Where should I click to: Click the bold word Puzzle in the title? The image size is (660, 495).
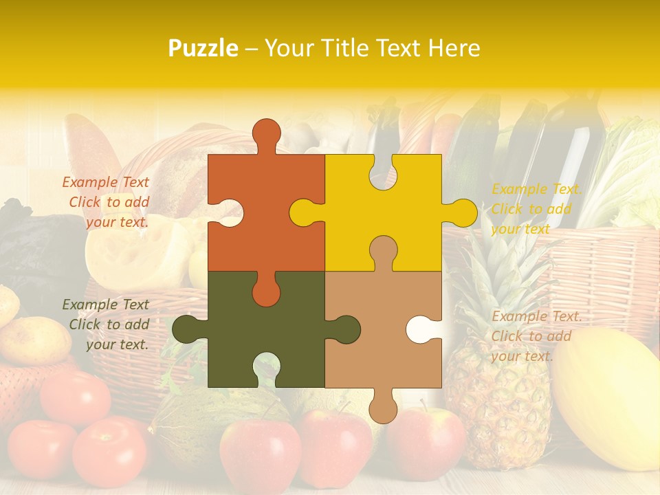coord(203,48)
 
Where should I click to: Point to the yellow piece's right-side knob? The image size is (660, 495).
coord(462,212)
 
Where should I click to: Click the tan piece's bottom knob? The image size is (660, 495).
coord(383,407)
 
